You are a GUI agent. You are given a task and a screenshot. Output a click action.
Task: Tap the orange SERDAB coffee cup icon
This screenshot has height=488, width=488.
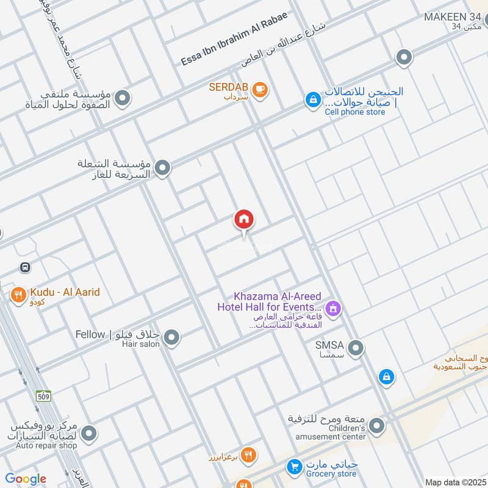coord(260,89)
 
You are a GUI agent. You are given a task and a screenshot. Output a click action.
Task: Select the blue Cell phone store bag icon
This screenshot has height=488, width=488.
coord(313,99)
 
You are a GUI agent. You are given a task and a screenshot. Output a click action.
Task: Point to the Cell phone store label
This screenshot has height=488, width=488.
coord(354,112)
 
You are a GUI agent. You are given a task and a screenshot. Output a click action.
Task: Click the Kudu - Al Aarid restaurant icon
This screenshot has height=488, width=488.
coord(18,296)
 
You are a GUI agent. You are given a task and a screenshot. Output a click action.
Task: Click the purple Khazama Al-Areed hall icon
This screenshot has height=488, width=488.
coord(333,309)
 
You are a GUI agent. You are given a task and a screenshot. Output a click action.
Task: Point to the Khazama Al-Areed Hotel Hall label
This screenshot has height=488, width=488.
coord(269,302)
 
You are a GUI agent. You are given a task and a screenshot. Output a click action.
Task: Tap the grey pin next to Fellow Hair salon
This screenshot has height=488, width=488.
coord(172,337)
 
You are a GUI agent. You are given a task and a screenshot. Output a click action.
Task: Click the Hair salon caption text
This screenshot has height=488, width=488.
coord(143,344)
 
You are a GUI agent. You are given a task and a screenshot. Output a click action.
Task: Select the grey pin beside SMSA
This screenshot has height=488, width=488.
coord(356,348)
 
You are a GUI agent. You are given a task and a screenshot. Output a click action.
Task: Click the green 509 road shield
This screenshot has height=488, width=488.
coord(43,396)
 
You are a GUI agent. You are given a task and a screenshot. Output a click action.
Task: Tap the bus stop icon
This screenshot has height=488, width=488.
coord(24,267)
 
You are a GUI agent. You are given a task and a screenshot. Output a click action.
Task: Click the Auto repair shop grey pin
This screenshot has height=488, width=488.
coord(90,434)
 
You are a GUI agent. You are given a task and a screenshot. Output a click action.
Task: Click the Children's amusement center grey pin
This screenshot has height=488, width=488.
coord(376,425)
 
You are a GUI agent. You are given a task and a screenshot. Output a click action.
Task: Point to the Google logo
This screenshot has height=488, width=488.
coord(26,479)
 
